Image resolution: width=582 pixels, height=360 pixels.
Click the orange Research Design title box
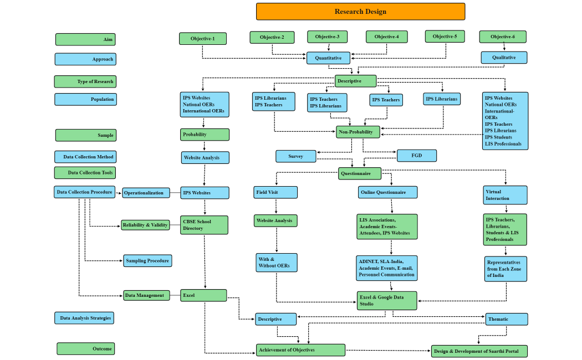(360, 12)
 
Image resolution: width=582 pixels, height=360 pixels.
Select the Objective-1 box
(202, 39)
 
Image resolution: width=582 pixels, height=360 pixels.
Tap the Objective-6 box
(502, 37)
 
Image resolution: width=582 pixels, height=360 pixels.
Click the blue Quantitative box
(328, 58)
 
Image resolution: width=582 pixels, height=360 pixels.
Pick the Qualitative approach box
(504, 58)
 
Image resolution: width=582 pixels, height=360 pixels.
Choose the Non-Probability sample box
(358, 132)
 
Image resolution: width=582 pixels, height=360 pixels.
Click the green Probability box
(205, 135)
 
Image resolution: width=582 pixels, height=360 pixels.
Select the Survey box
(296, 156)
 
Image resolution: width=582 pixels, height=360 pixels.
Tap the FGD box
(416, 156)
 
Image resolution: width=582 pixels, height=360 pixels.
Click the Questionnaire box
(360, 173)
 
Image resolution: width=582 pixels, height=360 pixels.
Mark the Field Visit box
(275, 193)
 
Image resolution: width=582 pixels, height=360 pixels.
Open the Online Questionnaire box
(387, 192)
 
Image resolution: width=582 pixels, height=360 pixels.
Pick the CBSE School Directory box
(204, 224)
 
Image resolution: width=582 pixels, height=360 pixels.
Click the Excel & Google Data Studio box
(387, 301)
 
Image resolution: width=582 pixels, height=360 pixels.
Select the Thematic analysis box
(506, 320)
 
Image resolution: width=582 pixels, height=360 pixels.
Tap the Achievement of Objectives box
(300, 350)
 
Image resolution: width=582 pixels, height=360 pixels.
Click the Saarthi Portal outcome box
(479, 351)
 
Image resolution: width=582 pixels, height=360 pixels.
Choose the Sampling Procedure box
(147, 260)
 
